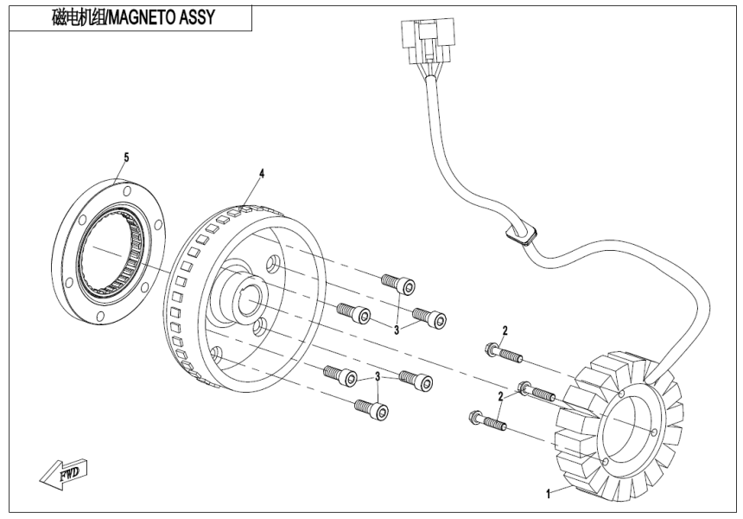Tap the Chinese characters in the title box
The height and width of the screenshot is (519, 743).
tap(61, 17)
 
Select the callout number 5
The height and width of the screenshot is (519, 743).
tap(126, 157)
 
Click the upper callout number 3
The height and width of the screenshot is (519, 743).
tap(397, 329)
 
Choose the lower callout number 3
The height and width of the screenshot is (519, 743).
tap(378, 377)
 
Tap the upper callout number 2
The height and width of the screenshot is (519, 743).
tap(505, 330)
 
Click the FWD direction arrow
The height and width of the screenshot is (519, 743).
tap(64, 471)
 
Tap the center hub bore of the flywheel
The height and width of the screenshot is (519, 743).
tap(248, 300)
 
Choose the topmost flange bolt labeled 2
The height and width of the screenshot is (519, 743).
tap(499, 353)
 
